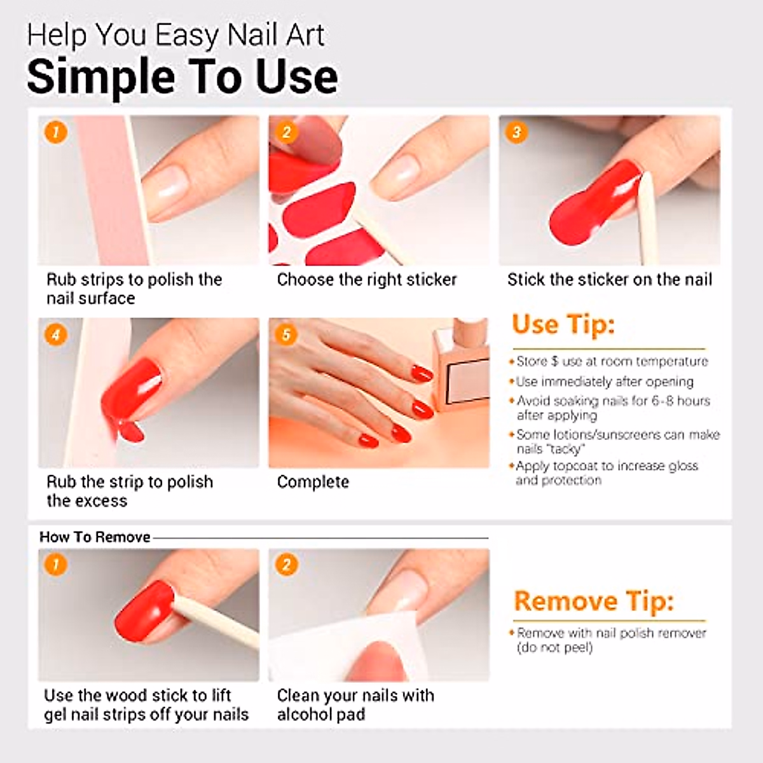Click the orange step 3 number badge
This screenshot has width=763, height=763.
tap(516, 132)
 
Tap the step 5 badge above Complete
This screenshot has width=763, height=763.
tap(286, 335)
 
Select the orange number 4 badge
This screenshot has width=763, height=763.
tap(56, 335)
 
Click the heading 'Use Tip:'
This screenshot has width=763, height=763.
tap(563, 326)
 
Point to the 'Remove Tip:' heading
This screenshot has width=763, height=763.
tap(593, 601)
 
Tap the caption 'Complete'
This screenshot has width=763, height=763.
tap(313, 482)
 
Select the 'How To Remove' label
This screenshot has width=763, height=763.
tap(95, 537)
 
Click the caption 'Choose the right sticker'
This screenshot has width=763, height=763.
tap(367, 280)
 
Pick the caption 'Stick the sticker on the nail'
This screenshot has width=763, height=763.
tap(610, 280)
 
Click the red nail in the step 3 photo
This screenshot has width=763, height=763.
tap(593, 202)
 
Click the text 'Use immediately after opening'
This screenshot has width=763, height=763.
tap(605, 381)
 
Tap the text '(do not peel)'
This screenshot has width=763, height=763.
tap(554, 648)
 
